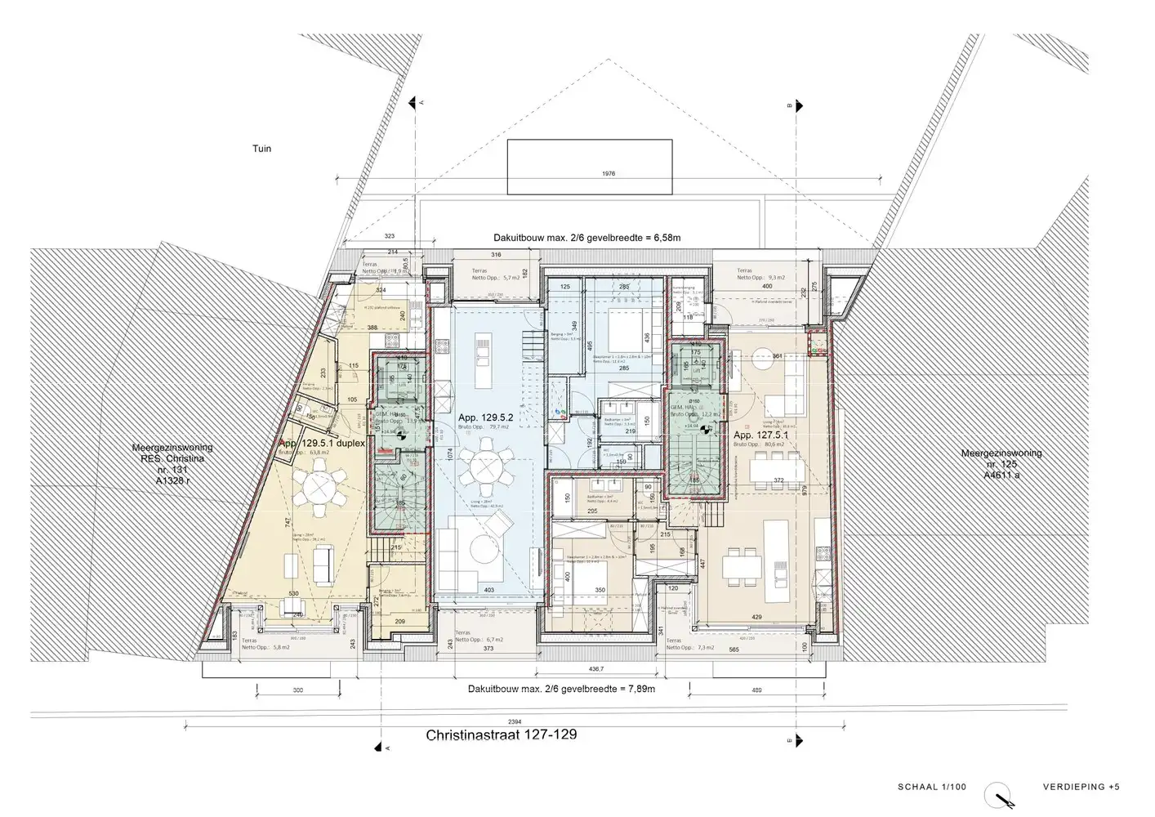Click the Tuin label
click(x=261, y=149)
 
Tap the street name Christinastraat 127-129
click(x=501, y=734)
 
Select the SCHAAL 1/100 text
click(x=931, y=787)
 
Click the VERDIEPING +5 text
click(x=1081, y=787)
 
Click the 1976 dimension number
click(x=607, y=173)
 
